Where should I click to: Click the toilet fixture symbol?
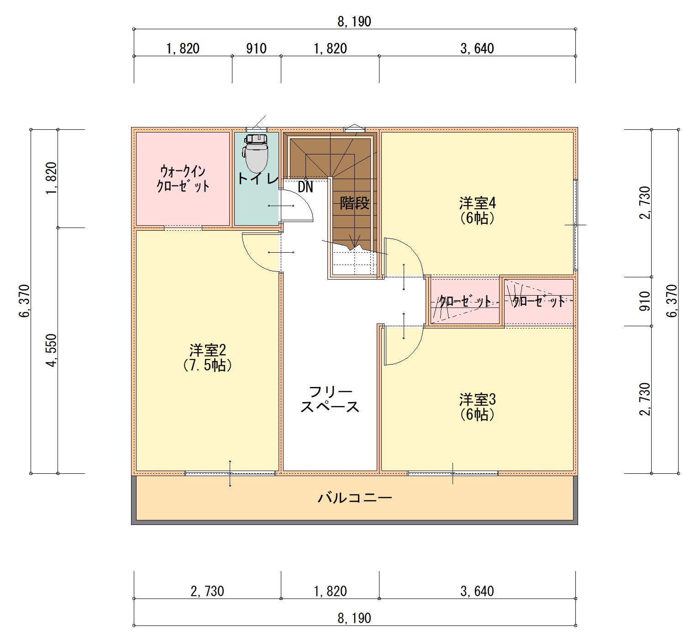click(256, 153)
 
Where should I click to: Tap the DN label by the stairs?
click(305, 187)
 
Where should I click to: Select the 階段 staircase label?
click(354, 203)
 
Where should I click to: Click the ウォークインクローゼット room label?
click(183, 179)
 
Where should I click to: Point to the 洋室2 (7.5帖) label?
click(207, 358)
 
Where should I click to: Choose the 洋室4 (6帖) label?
click(477, 210)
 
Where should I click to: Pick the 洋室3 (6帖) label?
click(477, 407)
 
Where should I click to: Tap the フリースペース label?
click(330, 399)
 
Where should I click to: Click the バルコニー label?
click(355, 498)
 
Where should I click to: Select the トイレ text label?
click(258, 178)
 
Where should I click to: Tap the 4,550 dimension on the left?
click(52, 350)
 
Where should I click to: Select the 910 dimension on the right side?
click(644, 302)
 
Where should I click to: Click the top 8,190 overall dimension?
click(354, 21)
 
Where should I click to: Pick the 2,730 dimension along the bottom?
click(207, 591)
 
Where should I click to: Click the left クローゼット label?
click(465, 302)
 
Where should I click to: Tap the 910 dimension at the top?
click(256, 48)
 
